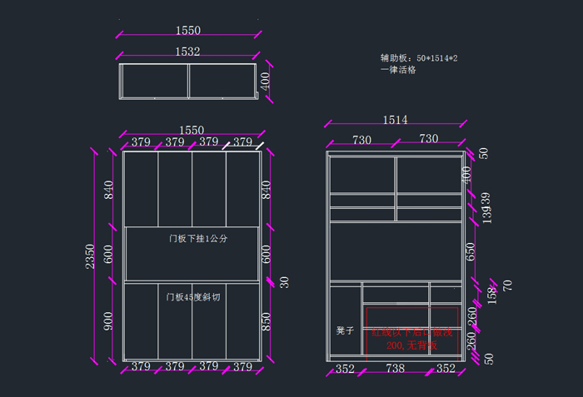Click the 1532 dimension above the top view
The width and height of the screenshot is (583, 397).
tap(187, 52)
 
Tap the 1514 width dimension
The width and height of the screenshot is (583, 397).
tap(395, 120)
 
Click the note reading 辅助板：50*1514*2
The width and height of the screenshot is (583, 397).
tap(419, 58)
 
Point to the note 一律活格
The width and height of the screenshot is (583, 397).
tap(398, 70)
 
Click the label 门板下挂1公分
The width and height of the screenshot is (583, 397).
tap(197, 239)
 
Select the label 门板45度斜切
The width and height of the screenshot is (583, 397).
tap(192, 296)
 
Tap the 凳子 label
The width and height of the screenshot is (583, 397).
tap(345, 330)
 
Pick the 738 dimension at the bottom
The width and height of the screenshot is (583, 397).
tap(395, 368)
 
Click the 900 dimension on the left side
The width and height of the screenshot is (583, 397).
tap(107, 321)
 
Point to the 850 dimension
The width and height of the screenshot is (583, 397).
tap(267, 321)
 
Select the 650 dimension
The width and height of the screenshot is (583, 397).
tap(471, 251)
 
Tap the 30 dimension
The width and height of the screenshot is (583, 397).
tap(285, 282)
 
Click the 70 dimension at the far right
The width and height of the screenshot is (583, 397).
tap(507, 286)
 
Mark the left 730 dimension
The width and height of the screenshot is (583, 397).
tap(361, 139)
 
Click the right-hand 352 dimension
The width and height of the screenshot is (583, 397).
tap(446, 368)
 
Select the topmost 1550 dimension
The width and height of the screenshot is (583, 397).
tap(187, 30)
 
